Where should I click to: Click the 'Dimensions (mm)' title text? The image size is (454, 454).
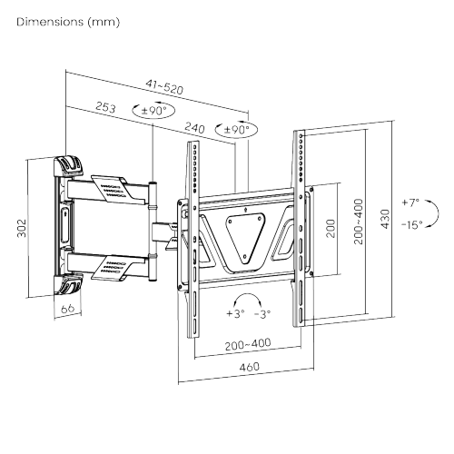coord(68,22)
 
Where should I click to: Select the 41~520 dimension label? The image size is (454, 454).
coord(164,87)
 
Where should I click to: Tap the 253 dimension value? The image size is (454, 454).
coord(105,107)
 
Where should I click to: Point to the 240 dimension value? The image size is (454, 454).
coord(194,127)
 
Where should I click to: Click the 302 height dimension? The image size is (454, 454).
coord(22,228)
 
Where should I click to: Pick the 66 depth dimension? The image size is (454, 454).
coord(67,309)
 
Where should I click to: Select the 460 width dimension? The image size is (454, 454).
coord(250,367)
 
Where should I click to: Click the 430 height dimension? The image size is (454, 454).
coord(385,219)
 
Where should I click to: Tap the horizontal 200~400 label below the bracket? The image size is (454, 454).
coord(248,344)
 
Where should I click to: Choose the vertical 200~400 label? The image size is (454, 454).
coord(359,222)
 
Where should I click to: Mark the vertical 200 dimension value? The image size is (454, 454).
coord(331,229)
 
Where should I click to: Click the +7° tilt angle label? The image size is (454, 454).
coord(410,202)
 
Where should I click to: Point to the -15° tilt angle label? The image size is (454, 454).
coord(412,225)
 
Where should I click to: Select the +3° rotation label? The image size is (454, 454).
coord(235,313)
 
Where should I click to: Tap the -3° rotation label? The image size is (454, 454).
coord(262,314)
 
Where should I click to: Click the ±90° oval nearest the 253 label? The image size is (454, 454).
coord(153,111)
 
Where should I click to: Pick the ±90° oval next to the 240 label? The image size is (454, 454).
coord(236,130)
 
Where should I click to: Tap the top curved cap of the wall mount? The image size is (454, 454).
coord(68,166)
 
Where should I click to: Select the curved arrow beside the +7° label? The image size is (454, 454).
coord(438,213)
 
